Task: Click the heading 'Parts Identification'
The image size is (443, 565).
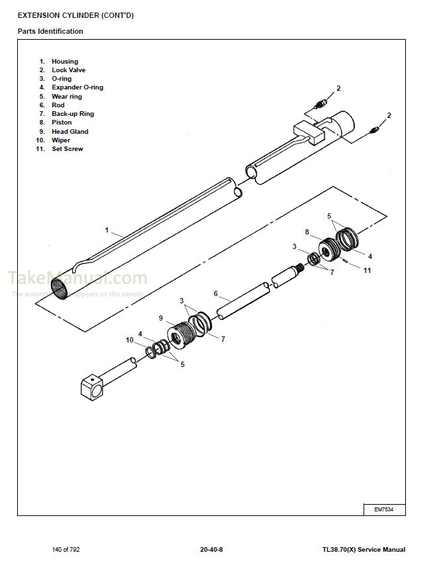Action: (x=50, y=31)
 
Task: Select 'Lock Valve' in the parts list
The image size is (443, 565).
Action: (x=68, y=70)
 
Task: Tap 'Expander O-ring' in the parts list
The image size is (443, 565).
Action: (x=77, y=87)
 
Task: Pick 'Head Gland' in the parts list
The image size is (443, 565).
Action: (x=70, y=131)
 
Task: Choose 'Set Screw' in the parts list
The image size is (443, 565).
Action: (x=68, y=149)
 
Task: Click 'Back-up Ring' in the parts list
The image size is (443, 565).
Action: (x=73, y=114)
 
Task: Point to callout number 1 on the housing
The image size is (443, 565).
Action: (x=107, y=230)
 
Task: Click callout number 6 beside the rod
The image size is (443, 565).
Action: (x=215, y=293)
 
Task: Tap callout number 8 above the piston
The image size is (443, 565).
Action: (x=307, y=232)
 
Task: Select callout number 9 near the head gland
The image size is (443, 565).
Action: (x=160, y=318)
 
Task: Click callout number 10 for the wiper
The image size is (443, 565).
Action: (x=130, y=340)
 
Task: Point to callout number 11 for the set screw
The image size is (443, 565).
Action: (x=367, y=270)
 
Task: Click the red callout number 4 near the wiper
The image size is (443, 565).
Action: (x=140, y=333)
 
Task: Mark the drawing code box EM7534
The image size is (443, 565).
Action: (x=384, y=509)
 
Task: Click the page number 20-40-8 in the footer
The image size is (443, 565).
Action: (x=211, y=550)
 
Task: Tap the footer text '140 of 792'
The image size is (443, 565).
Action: (x=66, y=550)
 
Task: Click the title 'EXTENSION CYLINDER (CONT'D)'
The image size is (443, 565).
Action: (x=75, y=15)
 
